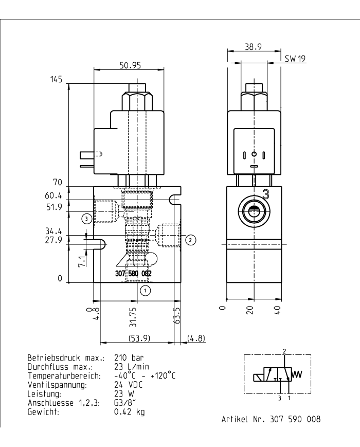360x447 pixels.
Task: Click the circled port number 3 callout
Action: [x=87, y=219]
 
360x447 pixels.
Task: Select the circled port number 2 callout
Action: [x=190, y=239]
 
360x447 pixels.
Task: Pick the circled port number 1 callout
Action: [x=146, y=291]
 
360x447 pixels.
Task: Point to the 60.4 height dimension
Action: [x=53, y=195]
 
